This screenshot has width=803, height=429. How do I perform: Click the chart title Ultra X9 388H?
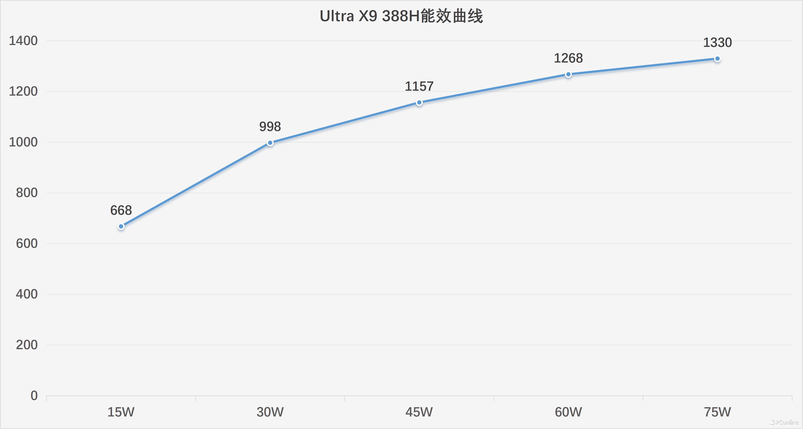click(x=401, y=16)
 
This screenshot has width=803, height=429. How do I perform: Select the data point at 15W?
click(x=121, y=226)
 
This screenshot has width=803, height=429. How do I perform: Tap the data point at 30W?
click(x=270, y=143)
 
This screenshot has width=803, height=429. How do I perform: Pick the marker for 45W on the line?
click(x=419, y=102)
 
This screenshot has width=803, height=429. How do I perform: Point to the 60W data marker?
click(x=568, y=74)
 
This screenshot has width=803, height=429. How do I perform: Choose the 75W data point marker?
click(x=717, y=59)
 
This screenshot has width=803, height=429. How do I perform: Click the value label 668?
click(x=121, y=210)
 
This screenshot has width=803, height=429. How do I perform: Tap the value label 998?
click(x=270, y=126)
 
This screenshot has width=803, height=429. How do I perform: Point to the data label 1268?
click(x=568, y=58)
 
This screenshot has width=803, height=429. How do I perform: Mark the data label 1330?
click(x=717, y=42)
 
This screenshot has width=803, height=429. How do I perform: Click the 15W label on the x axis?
click(x=121, y=412)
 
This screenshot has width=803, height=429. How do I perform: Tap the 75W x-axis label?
click(x=717, y=412)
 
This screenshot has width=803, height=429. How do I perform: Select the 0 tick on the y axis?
click(x=34, y=396)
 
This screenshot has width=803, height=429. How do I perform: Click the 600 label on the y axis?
click(x=27, y=243)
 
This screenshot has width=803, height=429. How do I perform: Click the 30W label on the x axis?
click(x=270, y=412)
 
